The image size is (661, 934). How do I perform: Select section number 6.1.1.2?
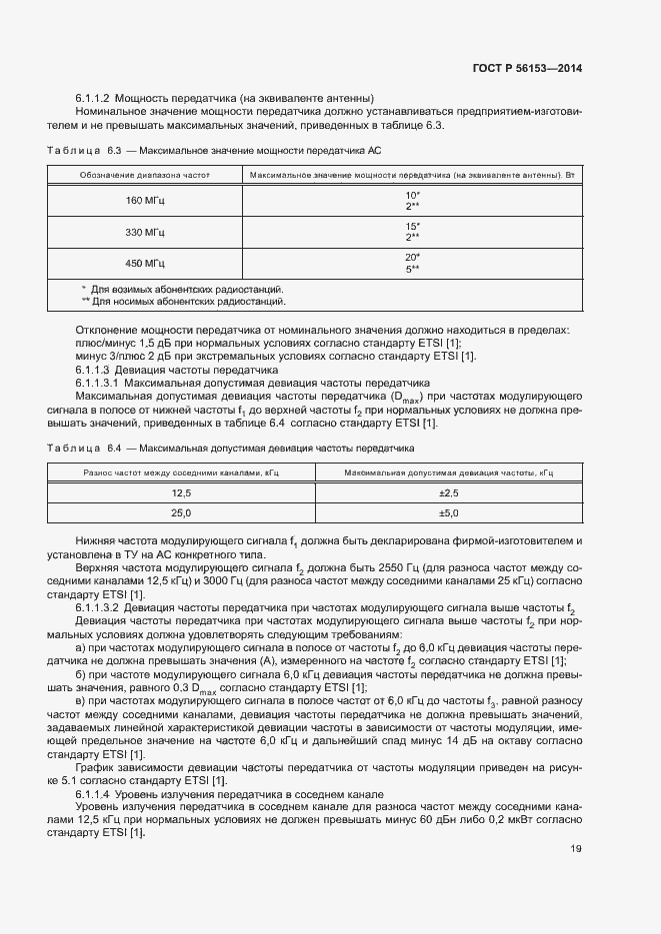(x=93, y=97)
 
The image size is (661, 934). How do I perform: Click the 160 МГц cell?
(x=145, y=200)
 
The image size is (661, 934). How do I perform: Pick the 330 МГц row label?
(x=145, y=232)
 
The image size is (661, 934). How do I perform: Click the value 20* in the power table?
(x=412, y=257)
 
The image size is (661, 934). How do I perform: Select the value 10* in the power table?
(x=412, y=195)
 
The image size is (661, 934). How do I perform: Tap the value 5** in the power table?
(x=412, y=269)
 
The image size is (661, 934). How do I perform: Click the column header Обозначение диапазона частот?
(x=145, y=175)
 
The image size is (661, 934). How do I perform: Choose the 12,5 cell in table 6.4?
(x=181, y=493)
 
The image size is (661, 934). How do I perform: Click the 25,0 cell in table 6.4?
(x=181, y=512)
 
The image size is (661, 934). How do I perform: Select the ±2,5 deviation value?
(x=448, y=493)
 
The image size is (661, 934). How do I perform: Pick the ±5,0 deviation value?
(x=448, y=512)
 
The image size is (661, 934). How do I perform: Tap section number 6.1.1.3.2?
(x=98, y=607)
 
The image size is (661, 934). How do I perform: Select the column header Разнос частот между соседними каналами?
(x=181, y=471)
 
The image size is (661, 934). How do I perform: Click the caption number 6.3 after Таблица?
(x=113, y=150)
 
